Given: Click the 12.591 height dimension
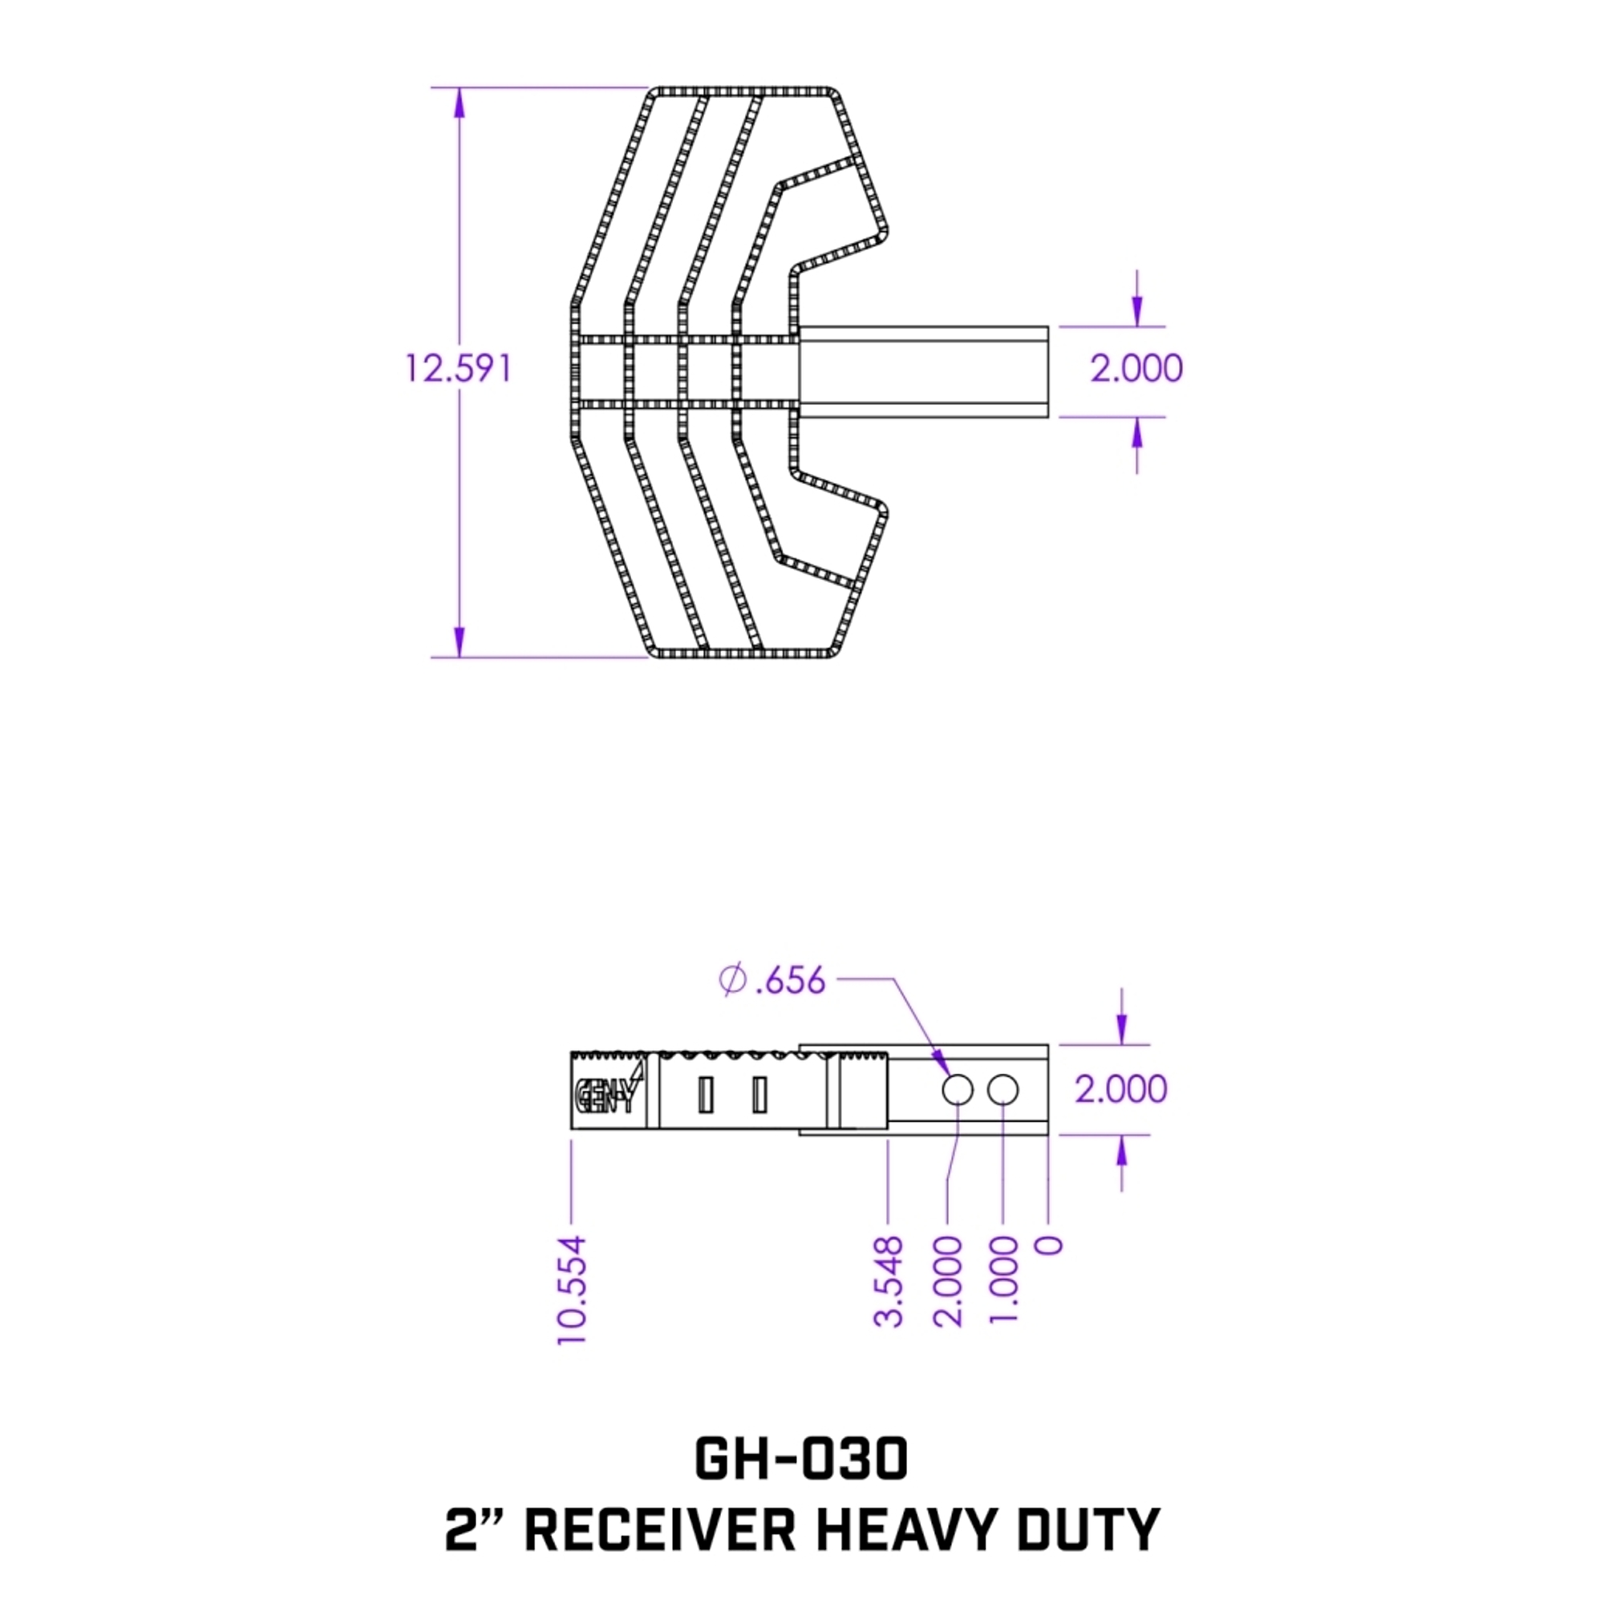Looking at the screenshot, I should point(457,368).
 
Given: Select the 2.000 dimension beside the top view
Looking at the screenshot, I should point(1136,368).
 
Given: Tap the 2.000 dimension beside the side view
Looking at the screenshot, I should point(1121,1088).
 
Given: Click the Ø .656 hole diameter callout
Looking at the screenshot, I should point(772,981).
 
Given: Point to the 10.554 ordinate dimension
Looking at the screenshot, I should point(572,1290).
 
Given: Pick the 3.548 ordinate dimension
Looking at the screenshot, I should point(889,1281).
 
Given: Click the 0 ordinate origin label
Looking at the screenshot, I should point(1049,1245).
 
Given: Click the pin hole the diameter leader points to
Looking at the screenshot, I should point(958,1089).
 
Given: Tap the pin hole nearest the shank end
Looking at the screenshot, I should point(1003,1089).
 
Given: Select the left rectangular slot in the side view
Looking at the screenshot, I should point(706,1094).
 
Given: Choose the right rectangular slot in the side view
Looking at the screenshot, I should point(759,1094).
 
